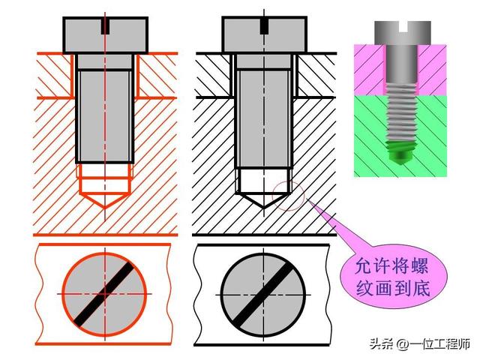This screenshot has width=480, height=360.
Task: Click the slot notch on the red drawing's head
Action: coord(106,26)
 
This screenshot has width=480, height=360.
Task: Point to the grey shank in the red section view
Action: coord(106,112)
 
